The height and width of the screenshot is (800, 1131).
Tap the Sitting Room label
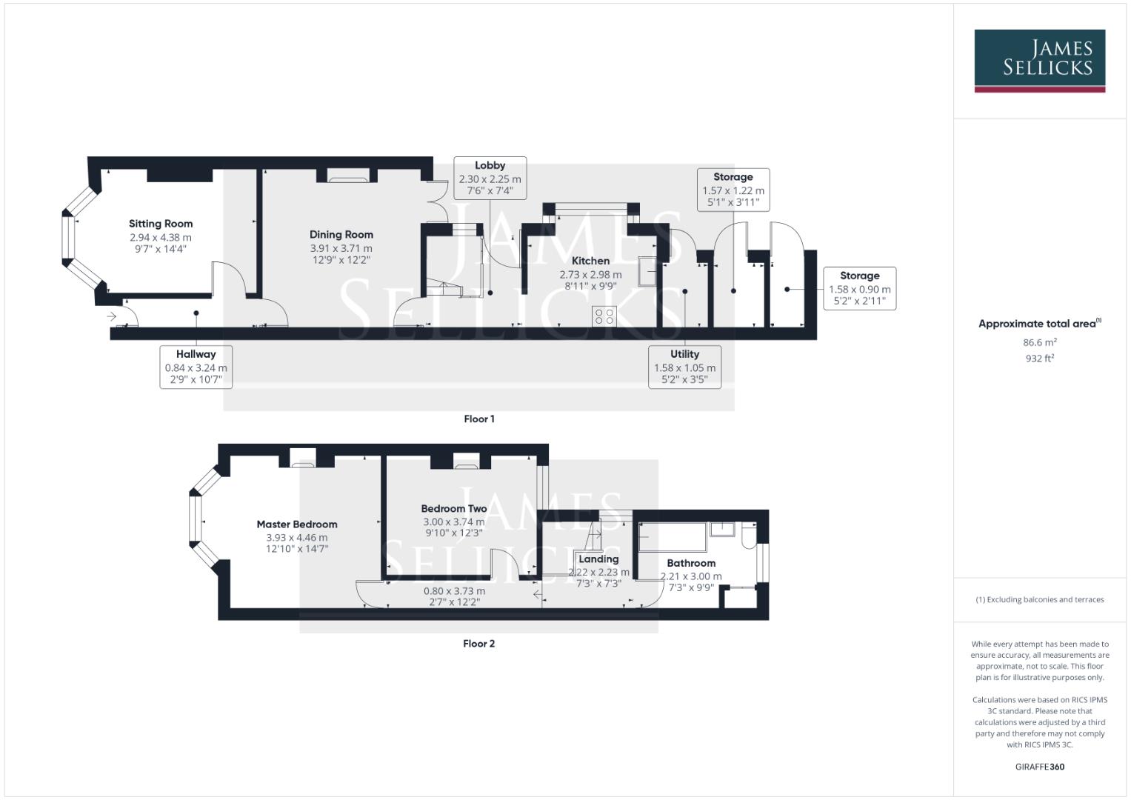tap(161, 224)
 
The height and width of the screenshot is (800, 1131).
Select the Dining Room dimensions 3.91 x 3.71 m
tap(341, 248)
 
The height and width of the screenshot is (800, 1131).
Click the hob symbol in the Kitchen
tap(604, 316)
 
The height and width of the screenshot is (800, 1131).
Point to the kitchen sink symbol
tap(650, 270)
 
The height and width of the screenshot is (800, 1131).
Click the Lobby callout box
tap(490, 178)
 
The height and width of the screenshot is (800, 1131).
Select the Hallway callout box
tap(196, 367)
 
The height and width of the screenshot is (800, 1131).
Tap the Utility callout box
tap(684, 367)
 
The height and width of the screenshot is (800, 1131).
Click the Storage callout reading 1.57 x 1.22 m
tap(733, 190)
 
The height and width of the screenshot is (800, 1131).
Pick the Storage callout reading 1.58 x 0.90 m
tap(859, 288)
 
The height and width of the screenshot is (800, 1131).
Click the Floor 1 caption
tap(479, 419)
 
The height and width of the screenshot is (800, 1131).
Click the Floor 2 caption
tap(478, 644)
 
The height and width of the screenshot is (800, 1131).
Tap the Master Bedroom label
tap(297, 524)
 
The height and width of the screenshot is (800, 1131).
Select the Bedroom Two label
tap(454, 509)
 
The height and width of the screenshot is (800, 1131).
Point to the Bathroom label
tap(691, 563)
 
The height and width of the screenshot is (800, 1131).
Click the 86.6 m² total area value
tap(1039, 343)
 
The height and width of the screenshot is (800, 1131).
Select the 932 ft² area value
tap(1039, 359)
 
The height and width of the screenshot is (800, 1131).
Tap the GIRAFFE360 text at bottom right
tap(1039, 767)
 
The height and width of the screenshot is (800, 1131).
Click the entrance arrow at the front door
tap(112, 317)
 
